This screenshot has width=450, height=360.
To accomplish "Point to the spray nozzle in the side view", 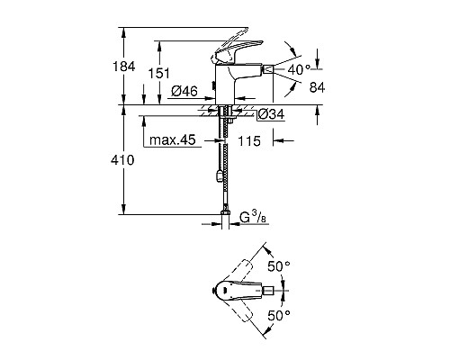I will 266,69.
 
